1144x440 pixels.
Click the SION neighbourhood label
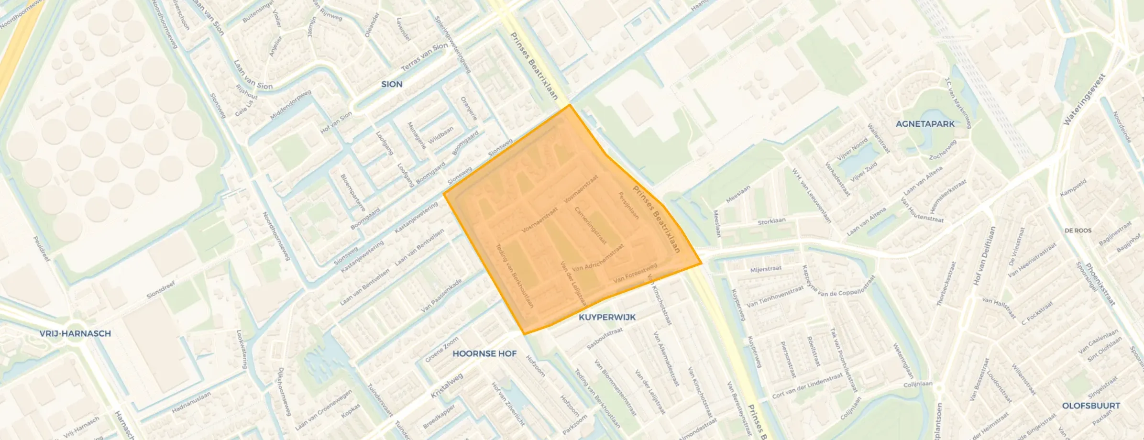391,84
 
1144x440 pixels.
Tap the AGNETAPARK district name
924,124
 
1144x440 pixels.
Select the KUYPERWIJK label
607,317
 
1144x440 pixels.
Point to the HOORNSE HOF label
484,353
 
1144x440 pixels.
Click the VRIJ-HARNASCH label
75,333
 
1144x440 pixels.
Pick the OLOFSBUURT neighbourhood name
1091,406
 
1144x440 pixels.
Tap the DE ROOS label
1078,231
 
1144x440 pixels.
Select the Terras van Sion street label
424,57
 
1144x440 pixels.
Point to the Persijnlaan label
628,206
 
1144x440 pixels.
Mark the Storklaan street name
771,221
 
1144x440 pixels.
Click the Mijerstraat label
765,269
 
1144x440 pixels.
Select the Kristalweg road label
447,386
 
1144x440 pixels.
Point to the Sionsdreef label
161,289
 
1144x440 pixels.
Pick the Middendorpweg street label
290,105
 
